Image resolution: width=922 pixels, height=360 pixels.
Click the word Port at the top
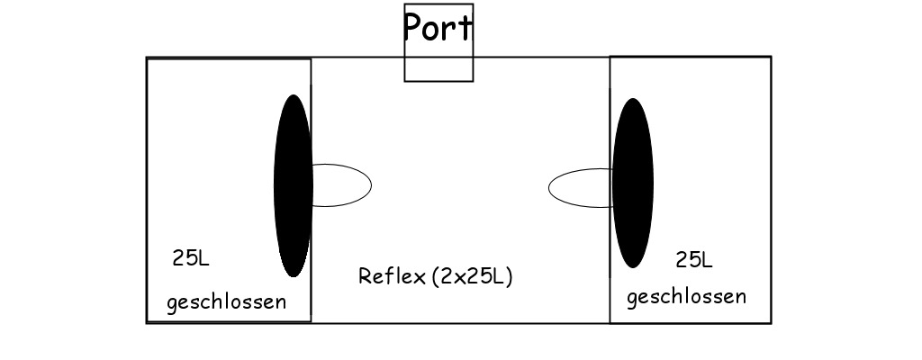[438, 27]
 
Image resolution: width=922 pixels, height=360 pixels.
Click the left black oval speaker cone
[293, 185]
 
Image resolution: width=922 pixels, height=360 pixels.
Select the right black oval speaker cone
[633, 184]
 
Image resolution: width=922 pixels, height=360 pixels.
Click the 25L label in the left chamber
[191, 259]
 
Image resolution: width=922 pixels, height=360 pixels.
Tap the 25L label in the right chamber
[694, 260]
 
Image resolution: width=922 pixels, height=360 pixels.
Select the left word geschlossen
[226, 301]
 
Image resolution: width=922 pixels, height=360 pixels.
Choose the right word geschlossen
[686, 297]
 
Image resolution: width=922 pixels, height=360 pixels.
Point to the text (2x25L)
[472, 276]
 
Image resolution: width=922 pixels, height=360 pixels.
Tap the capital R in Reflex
[365, 276]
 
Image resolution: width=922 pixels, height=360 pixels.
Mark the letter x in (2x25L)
[459, 278]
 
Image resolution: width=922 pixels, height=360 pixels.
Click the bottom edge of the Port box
[438, 81]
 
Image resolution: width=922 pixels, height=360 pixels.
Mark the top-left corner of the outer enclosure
[147, 58]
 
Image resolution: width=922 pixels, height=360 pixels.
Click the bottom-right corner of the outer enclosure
[771, 322]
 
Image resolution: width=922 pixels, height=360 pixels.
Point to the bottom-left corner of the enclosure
[147, 322]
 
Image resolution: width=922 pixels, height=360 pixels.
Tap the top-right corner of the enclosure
[771, 57]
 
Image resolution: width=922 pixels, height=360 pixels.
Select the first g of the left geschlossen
[172, 303]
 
